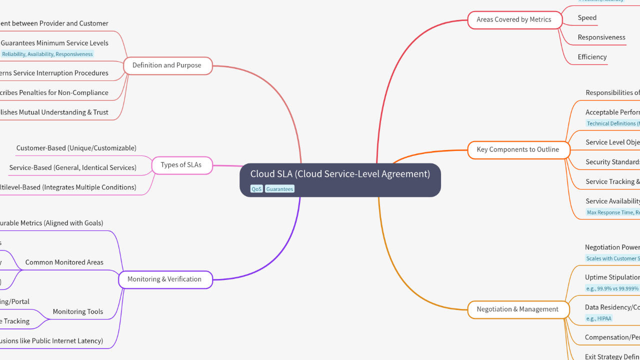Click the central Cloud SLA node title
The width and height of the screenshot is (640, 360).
(340, 174)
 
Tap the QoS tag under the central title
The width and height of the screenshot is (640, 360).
(256, 189)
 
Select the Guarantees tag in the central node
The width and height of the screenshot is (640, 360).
(279, 189)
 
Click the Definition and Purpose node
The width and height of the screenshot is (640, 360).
(166, 65)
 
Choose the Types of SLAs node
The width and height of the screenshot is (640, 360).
(181, 165)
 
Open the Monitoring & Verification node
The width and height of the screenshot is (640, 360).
(164, 279)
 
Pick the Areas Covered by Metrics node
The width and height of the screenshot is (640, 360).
(513, 19)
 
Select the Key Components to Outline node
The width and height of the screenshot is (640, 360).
(517, 149)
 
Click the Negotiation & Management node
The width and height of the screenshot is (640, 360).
(517, 309)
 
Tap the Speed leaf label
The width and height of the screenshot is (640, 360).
(587, 17)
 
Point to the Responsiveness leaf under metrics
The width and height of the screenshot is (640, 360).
(601, 37)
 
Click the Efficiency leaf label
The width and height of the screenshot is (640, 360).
(592, 57)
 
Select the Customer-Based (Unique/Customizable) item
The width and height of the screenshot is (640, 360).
(76, 148)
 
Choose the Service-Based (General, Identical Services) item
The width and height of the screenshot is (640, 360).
(72, 167)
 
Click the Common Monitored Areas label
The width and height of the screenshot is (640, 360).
(64, 262)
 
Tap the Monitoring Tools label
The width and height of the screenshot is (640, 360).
(77, 311)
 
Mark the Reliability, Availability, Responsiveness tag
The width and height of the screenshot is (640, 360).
(47, 54)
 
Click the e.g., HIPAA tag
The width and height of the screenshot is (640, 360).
(598, 318)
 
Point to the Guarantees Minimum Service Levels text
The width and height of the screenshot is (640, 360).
(54, 43)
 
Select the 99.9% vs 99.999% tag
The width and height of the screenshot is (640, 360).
(612, 288)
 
